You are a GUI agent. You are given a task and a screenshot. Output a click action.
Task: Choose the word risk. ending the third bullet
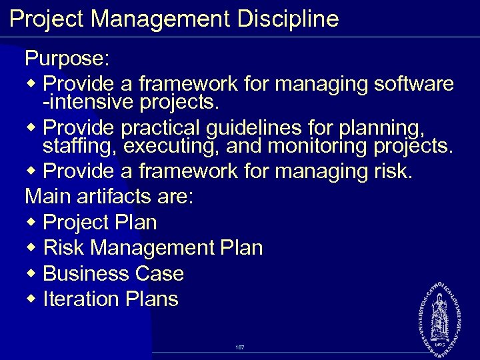390,171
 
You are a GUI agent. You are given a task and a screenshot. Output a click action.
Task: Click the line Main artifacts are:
109,197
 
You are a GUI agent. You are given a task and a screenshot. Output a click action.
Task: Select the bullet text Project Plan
100,223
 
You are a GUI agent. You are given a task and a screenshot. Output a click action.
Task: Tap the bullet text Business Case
113,274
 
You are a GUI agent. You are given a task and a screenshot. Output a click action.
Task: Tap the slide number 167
240,347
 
